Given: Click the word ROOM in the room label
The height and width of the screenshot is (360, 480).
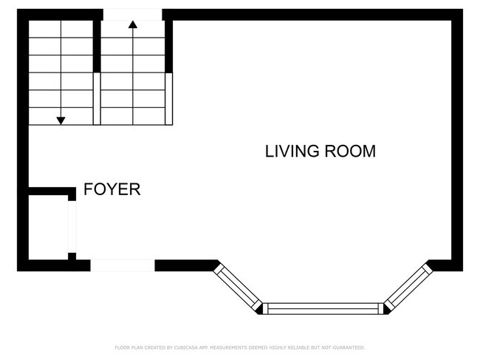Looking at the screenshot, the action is pos(350,151).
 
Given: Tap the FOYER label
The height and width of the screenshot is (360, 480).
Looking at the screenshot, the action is pos(112,189).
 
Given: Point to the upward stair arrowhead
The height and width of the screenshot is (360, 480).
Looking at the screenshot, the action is pos(133,24).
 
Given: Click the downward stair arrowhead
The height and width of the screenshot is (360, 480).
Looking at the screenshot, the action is pos(61,120).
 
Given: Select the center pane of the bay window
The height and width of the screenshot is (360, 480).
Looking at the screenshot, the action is pos(323,308).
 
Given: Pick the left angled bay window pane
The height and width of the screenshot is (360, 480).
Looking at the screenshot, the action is pos(238,288).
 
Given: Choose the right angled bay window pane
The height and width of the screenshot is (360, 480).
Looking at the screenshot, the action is pos(408,288).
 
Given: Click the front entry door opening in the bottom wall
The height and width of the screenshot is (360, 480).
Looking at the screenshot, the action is pos(123,265).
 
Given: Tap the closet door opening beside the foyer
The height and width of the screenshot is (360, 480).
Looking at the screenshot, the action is pos(72,227).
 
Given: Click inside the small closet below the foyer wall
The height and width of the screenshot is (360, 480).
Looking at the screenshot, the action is pos(48,227).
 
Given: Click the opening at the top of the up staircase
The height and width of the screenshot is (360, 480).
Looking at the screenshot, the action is pos(132,15).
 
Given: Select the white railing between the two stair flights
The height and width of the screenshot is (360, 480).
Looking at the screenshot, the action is pos(97,98).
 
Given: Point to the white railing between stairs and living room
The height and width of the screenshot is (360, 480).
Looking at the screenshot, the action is pos(168,98).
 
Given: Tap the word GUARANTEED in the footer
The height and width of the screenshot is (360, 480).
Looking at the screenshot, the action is pos(349,347).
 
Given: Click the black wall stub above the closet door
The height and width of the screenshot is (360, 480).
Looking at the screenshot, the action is pos(72,194).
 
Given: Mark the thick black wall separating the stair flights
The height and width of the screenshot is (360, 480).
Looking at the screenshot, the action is pos(97,47).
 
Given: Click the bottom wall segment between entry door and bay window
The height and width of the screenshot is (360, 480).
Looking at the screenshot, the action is pos(186,265).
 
